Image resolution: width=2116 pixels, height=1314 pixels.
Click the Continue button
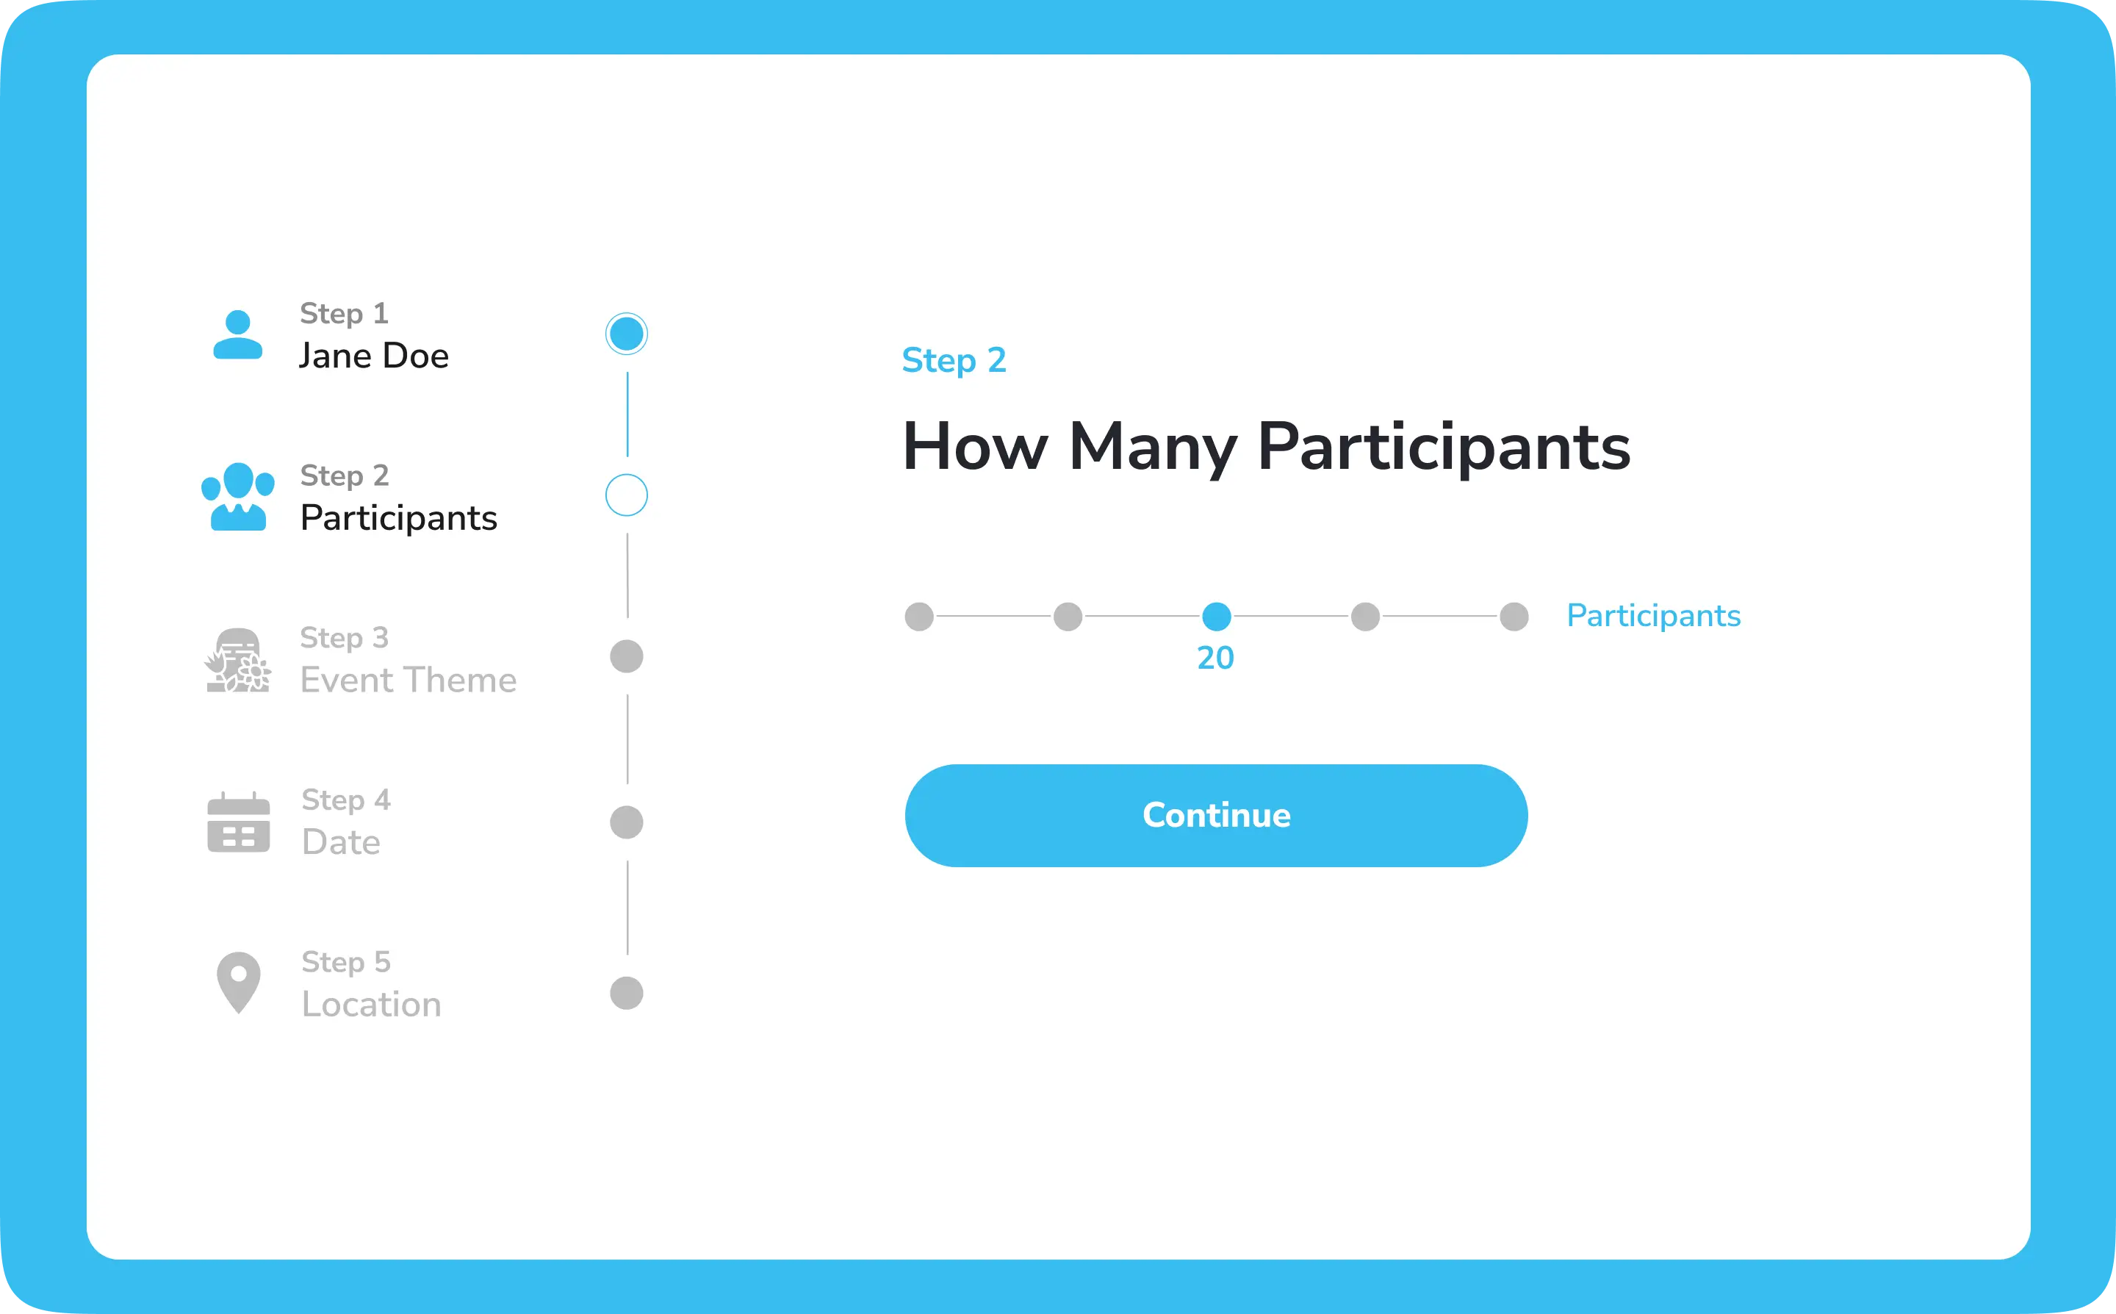[x=1216, y=815]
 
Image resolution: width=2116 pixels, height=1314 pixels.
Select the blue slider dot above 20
[x=1216, y=616]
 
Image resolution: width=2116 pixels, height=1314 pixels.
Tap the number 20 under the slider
[x=1215, y=658]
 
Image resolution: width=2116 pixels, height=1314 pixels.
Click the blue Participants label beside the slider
[x=1654, y=616]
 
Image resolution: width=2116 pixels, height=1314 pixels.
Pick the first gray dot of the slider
[x=919, y=616]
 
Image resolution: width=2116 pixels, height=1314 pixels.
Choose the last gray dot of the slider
[x=1514, y=616]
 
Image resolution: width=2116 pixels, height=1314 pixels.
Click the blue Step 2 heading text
[x=954, y=361]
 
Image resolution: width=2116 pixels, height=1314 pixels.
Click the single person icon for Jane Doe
[x=238, y=334]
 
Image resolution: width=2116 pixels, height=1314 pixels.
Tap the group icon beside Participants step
[x=238, y=496]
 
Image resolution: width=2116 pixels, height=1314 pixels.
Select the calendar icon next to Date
[x=239, y=822]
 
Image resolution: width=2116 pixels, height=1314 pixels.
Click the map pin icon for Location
[x=239, y=983]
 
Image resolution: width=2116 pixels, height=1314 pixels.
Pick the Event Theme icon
[x=238, y=661]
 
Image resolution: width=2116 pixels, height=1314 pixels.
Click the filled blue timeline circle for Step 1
[x=626, y=334]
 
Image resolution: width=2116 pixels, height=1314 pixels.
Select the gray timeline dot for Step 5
[x=626, y=992]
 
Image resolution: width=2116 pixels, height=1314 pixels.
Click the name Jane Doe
[x=373, y=356]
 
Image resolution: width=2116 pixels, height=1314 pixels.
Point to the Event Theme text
[x=409, y=681]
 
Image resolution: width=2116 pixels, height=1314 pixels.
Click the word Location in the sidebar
[x=372, y=1005]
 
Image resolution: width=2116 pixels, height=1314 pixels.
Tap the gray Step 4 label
[x=346, y=800]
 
